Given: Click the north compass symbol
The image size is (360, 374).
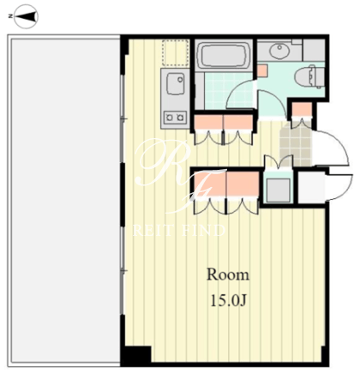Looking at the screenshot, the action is [26, 16].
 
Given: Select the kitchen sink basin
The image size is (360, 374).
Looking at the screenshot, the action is [176, 83].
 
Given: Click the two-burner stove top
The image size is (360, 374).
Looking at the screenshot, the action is [175, 118].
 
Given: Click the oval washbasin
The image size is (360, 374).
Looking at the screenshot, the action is [279, 51].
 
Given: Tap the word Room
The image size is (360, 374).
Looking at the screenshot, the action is [228, 274].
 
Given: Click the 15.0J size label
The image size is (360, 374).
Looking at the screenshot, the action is [228, 300].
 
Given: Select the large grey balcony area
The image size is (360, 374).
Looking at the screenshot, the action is [65, 201].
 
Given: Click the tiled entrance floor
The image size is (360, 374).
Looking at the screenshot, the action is [296, 147].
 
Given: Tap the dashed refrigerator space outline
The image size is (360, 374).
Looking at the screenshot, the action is [175, 53].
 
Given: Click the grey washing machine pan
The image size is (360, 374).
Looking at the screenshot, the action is [278, 190].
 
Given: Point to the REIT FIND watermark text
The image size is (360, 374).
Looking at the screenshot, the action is [179, 230].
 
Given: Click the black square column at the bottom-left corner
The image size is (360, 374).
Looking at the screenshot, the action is [136, 356].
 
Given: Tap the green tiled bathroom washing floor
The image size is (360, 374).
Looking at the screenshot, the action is [229, 91].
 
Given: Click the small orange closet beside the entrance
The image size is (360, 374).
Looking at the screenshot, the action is [302, 111].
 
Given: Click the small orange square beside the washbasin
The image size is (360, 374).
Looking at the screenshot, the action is [262, 70].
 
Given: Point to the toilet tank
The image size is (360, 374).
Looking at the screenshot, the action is [320, 77].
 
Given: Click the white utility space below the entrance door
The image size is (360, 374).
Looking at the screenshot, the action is [311, 187].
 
